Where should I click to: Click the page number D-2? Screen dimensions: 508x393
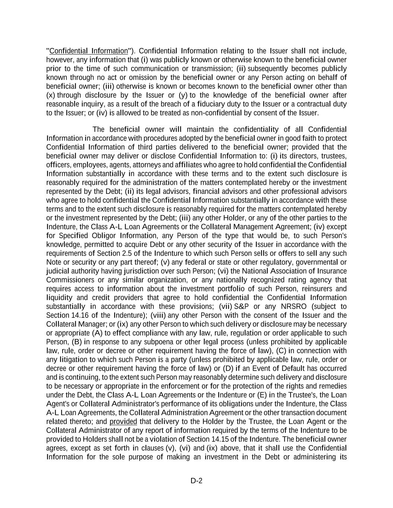tap(196, 480)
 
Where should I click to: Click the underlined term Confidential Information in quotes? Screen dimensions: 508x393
tap(88, 51)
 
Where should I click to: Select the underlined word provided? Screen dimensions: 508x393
tap(123, 422)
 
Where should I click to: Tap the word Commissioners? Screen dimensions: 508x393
tap(70, 280)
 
